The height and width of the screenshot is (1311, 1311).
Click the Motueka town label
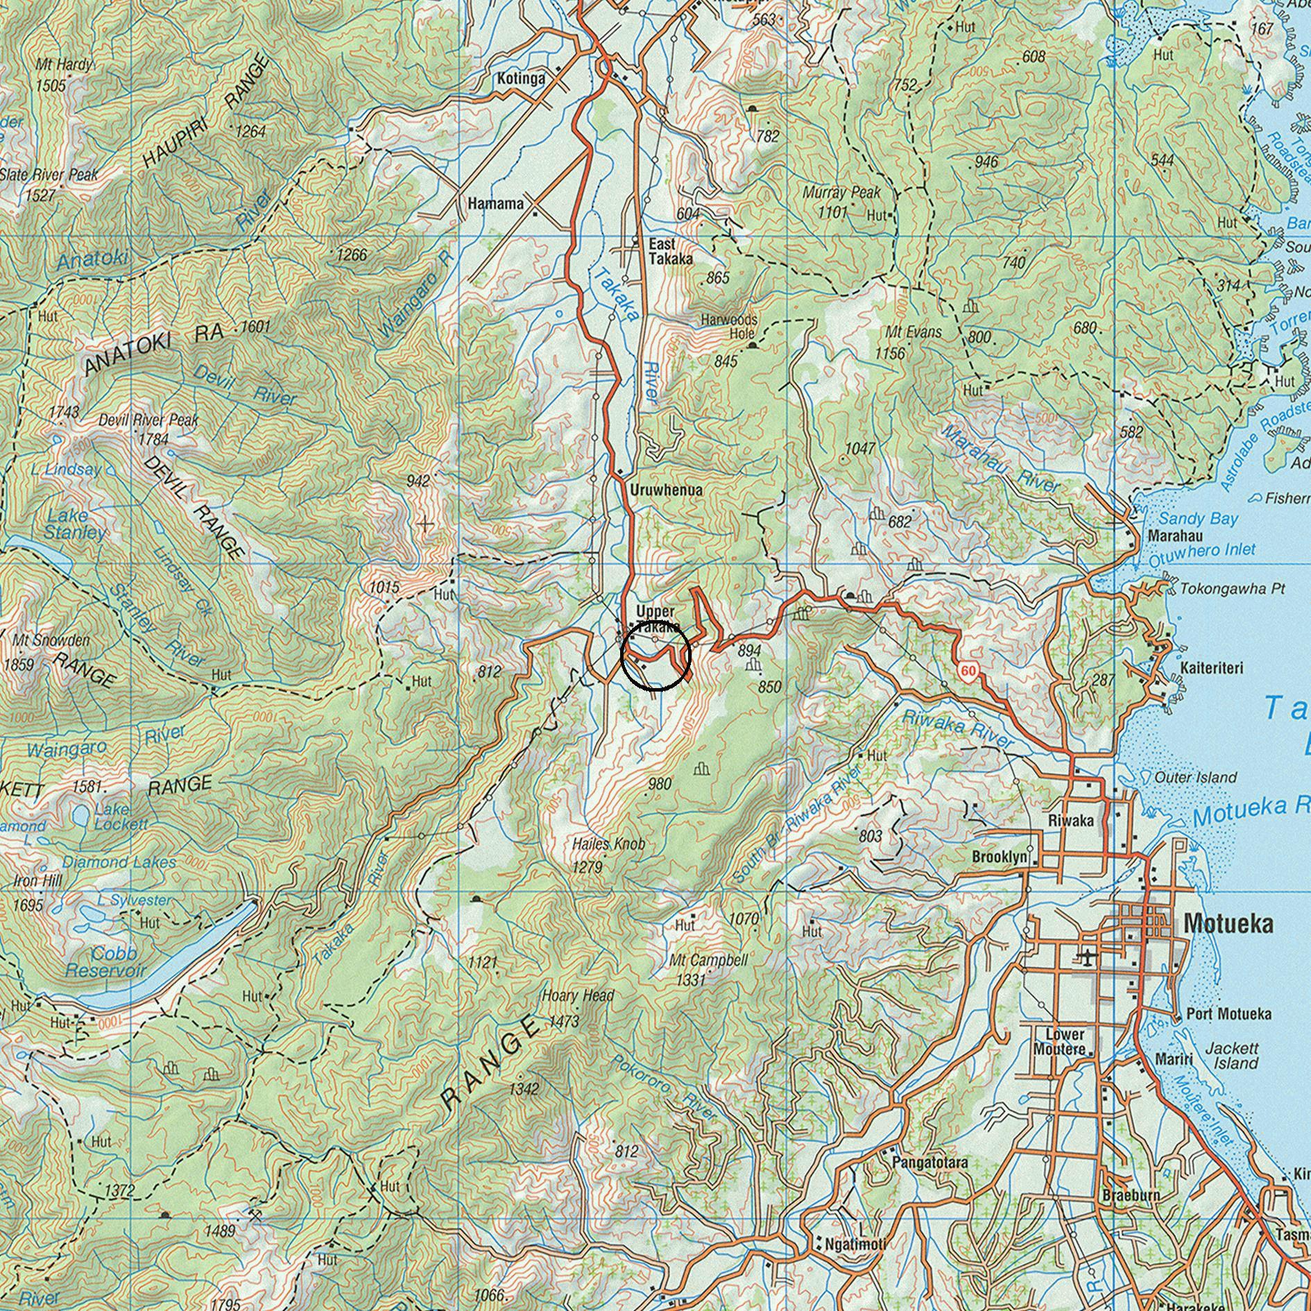tap(1228, 923)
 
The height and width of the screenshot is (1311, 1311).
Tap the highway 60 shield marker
tap(969, 671)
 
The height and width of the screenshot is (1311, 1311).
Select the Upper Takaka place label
tap(655, 619)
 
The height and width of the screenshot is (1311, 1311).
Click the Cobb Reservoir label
tap(105, 961)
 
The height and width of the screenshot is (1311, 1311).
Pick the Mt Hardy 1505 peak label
tap(62, 74)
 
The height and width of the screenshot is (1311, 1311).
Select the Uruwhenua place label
tap(666, 490)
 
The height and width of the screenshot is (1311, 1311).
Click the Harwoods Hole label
tap(728, 326)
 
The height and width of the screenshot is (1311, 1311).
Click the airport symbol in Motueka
tap(1086, 959)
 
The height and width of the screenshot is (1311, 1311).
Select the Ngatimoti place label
tap(855, 1244)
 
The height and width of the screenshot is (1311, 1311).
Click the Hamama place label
tap(495, 204)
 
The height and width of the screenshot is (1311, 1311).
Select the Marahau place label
tap(1175, 536)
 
